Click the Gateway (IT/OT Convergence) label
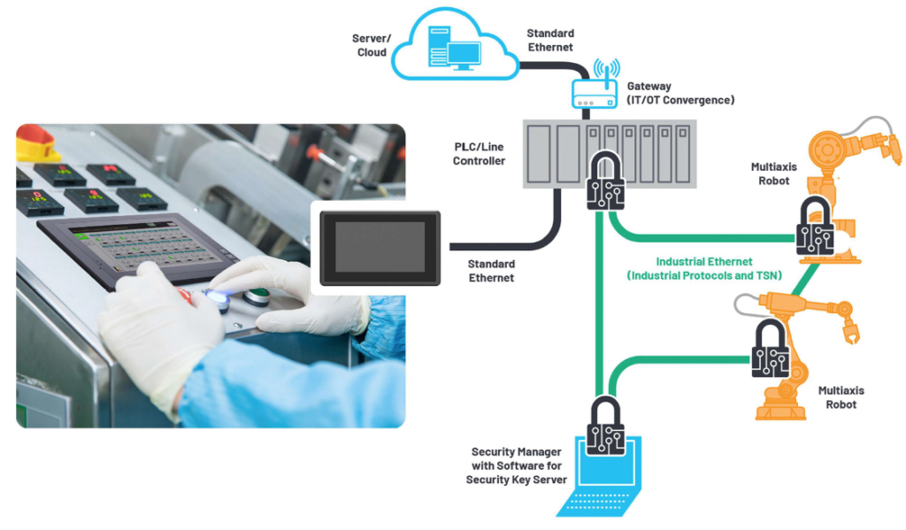click(679, 93)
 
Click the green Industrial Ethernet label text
click(703, 269)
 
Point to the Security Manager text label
click(516, 465)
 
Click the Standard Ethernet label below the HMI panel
click(491, 271)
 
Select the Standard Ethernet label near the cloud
click(549, 40)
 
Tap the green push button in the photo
click(257, 296)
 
